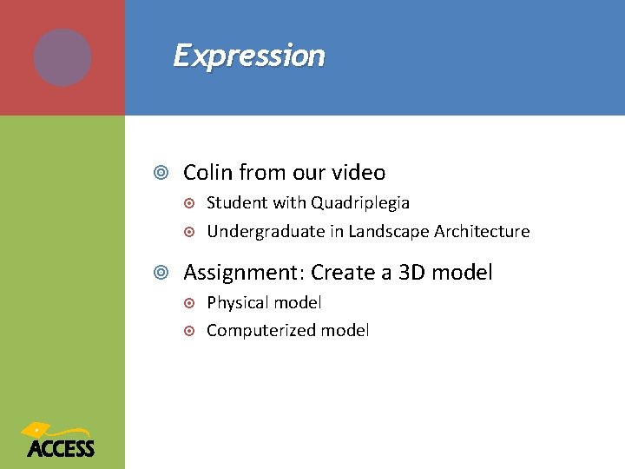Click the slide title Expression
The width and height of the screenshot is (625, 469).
pos(249,56)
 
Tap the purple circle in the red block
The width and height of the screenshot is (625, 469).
pos(62,57)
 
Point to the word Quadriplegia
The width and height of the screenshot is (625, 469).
pos(360,203)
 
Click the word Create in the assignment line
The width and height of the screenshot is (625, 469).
pos(342,273)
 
